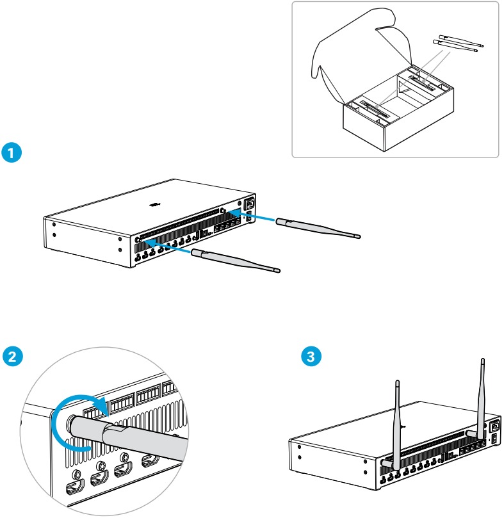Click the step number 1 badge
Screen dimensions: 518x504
coord(12,153)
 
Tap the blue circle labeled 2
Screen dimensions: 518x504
coord(12,356)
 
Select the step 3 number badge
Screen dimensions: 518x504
coord(311,356)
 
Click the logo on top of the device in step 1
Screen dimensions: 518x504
coord(152,206)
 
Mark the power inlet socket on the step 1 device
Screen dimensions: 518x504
coord(248,206)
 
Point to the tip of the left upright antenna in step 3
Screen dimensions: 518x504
coord(397,384)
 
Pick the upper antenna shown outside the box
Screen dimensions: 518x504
coord(461,42)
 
